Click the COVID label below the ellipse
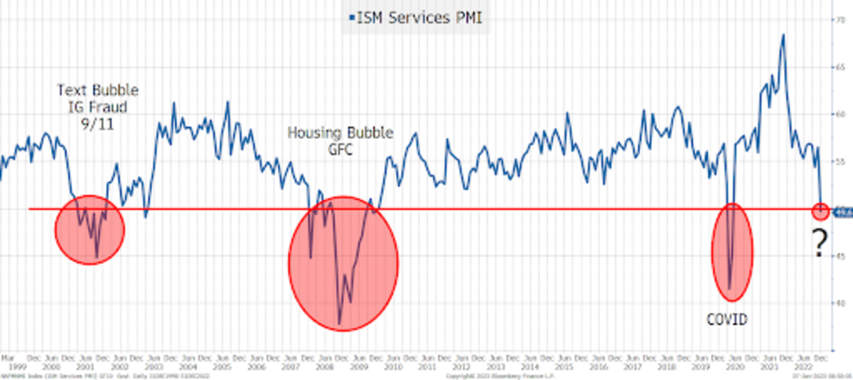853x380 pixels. [726, 320]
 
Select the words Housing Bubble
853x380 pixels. [340, 133]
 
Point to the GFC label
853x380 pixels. [340, 151]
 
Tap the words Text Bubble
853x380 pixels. [98, 91]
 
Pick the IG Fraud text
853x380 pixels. [98, 108]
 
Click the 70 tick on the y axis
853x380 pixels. [843, 20]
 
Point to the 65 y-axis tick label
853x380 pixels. [843, 67]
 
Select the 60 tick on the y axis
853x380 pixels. [843, 114]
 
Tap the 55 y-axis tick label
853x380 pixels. [843, 162]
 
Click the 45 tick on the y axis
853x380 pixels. [843, 255]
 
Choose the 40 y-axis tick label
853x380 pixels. [843, 302]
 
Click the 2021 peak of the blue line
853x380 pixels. [783, 35]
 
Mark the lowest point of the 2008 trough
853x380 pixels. [340, 324]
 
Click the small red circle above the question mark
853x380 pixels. [820, 210]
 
